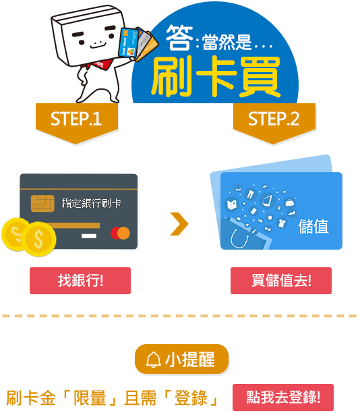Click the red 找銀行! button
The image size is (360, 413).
[x=80, y=281]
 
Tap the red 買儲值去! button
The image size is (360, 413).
[x=281, y=281]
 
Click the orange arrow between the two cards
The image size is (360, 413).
[x=179, y=223]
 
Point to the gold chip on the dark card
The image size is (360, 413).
[x=42, y=203]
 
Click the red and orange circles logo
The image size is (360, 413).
[x=120, y=233]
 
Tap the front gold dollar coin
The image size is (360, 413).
[x=38, y=239]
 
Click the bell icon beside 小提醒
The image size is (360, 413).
[x=154, y=360]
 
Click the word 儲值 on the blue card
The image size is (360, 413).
[x=313, y=226]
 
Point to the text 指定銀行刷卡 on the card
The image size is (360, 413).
[x=92, y=203]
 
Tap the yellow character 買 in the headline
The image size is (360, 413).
[x=260, y=77]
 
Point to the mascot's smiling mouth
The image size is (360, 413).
[x=98, y=45]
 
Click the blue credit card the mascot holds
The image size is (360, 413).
[x=128, y=43]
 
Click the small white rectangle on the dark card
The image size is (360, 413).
[x=89, y=236]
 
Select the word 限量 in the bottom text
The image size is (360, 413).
[x=90, y=398]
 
